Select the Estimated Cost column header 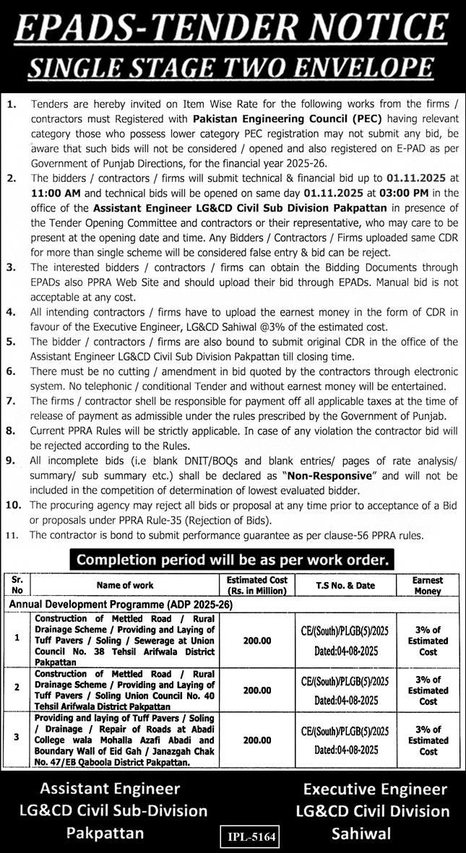(x=257, y=584)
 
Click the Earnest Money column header (x=427, y=585)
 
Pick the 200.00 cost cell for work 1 (x=257, y=641)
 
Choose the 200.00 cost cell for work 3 (x=257, y=740)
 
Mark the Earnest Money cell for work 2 (x=428, y=690)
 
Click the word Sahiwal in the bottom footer (x=361, y=833)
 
